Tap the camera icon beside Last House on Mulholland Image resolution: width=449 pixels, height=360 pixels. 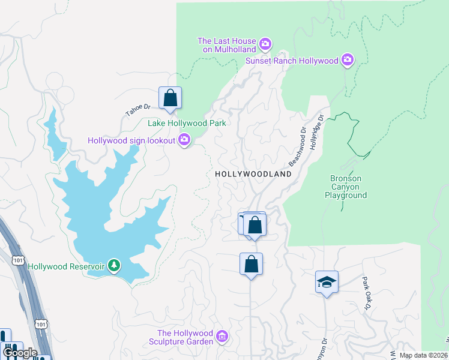[x=266, y=45]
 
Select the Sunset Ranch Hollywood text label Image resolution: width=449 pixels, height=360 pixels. [x=292, y=61]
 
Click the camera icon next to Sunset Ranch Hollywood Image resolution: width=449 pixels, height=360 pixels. [x=347, y=60]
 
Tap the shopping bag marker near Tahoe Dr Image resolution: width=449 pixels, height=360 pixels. [x=170, y=98]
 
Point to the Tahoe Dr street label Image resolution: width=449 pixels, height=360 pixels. [x=137, y=109]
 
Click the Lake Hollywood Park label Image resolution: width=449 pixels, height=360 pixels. [x=187, y=123]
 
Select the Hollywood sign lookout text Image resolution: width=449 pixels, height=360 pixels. [x=131, y=140]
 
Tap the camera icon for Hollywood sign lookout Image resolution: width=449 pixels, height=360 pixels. [x=184, y=140]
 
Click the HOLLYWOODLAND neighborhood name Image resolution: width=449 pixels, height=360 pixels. [x=253, y=174]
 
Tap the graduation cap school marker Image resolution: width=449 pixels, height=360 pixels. [x=327, y=281]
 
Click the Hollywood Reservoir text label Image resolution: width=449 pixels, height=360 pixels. [x=66, y=266]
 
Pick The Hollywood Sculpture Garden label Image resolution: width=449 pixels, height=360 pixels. [x=185, y=337]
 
